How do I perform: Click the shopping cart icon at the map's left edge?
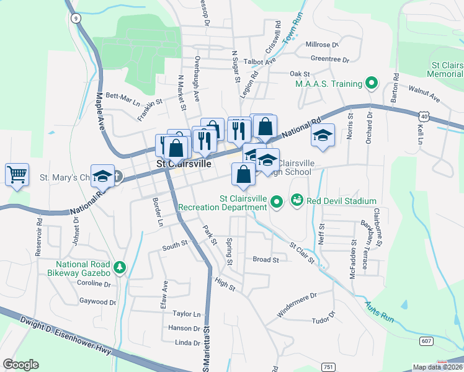point(17,174)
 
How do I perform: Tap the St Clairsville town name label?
point(183,164)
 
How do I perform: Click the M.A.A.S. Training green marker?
point(372,83)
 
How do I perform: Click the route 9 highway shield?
point(75,19)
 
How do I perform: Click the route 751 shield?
point(329,367)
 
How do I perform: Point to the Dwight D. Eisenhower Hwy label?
point(65,335)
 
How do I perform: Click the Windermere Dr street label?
point(297,304)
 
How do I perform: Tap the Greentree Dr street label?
point(330,60)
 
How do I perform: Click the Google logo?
point(21,365)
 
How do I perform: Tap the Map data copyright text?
point(437,367)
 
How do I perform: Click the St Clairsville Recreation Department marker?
point(277,200)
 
